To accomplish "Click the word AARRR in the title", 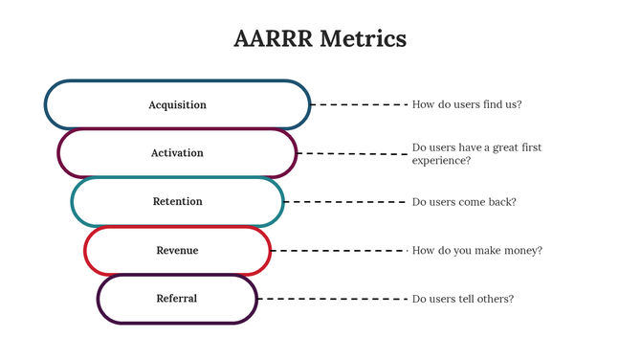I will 273,39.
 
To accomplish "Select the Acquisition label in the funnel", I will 177,104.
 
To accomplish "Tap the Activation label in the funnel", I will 177,153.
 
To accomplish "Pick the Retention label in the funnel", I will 177,202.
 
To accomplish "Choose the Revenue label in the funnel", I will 177,251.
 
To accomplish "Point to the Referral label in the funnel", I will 177,299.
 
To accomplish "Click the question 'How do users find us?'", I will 467,104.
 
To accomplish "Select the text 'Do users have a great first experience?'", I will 476,154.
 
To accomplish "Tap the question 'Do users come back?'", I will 464,202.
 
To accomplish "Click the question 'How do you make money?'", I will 476,251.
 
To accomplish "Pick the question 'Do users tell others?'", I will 463,299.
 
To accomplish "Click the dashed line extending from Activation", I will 352,153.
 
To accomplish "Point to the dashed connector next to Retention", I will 345,202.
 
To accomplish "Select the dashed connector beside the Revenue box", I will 339,251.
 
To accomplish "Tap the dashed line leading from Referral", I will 332,299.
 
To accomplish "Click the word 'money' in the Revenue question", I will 523,251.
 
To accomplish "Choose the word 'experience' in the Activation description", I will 439,161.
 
